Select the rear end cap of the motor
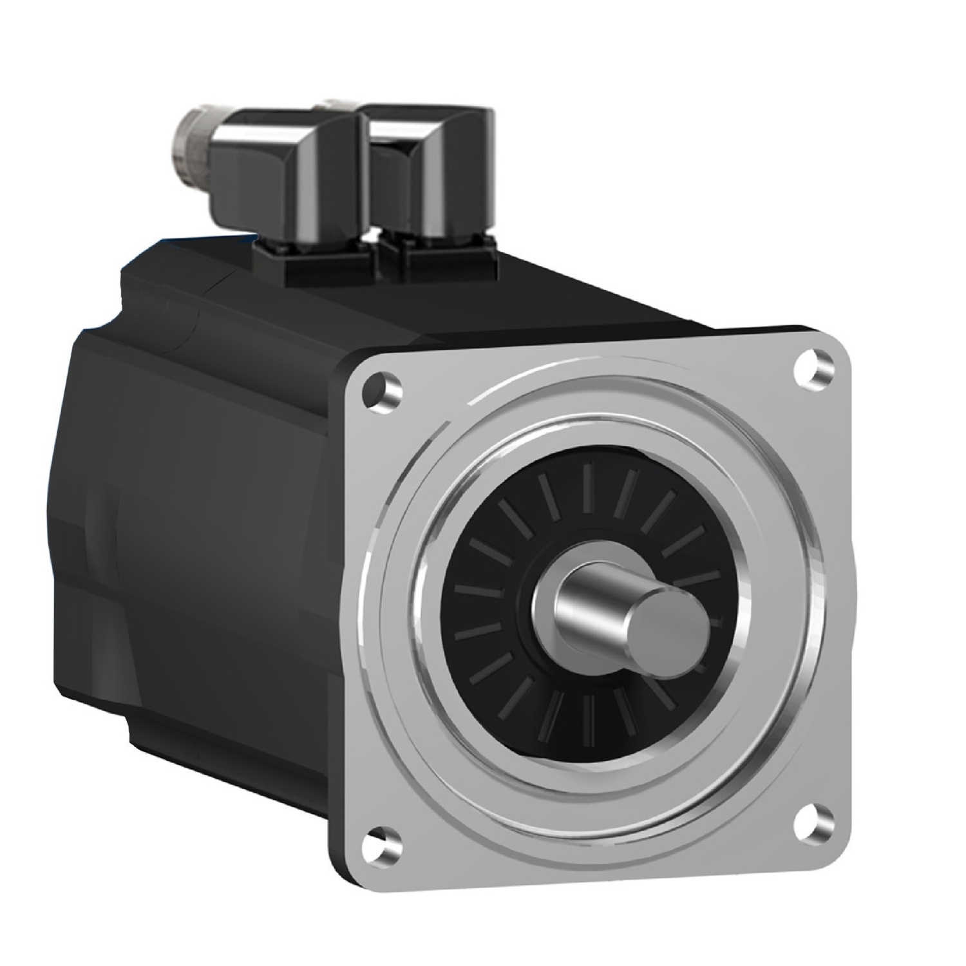click(84, 515)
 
